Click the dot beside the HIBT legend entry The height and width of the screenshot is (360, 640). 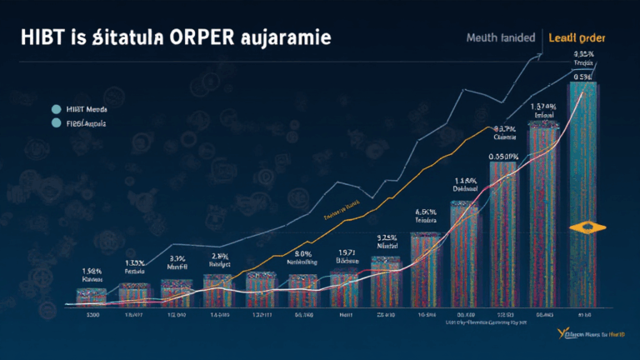pyautogui.click(x=57, y=108)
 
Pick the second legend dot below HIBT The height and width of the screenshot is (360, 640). pyautogui.click(x=57, y=123)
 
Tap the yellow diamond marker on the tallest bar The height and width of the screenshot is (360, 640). pyautogui.click(x=582, y=227)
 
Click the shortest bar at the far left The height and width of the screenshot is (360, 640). pyautogui.click(x=91, y=295)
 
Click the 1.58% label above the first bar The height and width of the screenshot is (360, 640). pyautogui.click(x=92, y=271)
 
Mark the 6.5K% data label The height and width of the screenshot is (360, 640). pyautogui.click(x=426, y=212)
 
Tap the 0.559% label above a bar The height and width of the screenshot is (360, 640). pyautogui.click(x=503, y=156)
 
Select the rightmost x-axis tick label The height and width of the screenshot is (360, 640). pyautogui.click(x=583, y=316)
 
